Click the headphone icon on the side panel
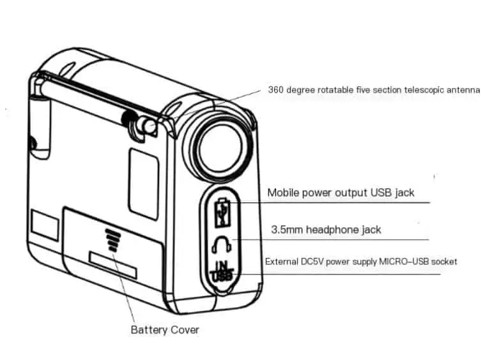[x=222, y=244]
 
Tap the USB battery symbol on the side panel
[x=223, y=213]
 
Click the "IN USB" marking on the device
[x=222, y=271]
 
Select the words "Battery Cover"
[x=165, y=330]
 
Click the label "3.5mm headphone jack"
[x=326, y=230]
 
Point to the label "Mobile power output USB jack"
[x=341, y=193]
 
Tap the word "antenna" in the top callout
[x=463, y=90]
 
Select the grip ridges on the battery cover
[x=112, y=240]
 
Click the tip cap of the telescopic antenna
[x=148, y=125]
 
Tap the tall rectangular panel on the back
[x=144, y=184]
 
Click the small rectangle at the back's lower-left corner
[x=45, y=225]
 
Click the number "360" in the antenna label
[x=275, y=90]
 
